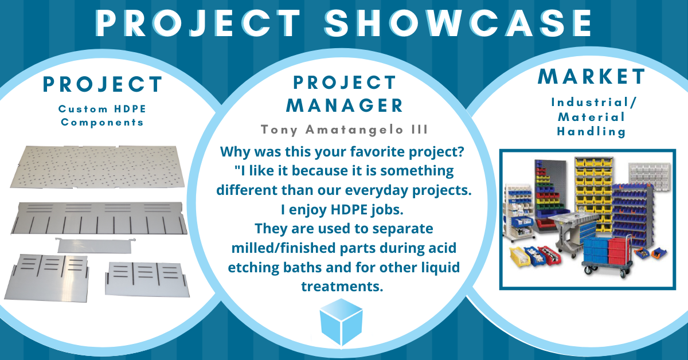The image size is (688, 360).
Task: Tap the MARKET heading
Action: tap(592, 76)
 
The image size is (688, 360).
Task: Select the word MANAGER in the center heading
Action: tap(345, 105)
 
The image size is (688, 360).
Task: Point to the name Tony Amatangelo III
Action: tap(344, 130)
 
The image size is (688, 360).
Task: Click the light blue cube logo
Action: tap(342, 322)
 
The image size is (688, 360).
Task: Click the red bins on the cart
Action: tap(618, 248)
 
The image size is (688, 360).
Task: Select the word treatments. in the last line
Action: tap(342, 286)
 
